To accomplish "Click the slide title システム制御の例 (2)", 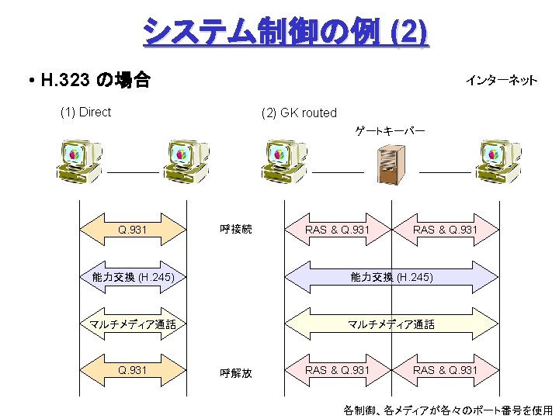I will [284, 32].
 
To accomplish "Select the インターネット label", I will [501, 80].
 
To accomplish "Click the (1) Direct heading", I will [85, 112].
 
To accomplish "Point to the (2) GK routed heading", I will [299, 113].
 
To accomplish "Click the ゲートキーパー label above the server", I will [390, 131].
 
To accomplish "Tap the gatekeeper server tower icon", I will [390, 164].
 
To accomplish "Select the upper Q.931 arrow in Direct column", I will [133, 230].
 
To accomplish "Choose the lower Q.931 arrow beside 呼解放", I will [133, 370].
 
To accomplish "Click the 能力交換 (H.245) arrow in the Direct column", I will [133, 277].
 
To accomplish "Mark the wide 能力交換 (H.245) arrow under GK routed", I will [391, 277].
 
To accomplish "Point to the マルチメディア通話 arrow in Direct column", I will [133, 324].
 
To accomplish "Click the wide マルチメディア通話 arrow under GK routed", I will [391, 324].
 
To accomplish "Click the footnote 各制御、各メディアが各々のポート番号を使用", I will [448, 409].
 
